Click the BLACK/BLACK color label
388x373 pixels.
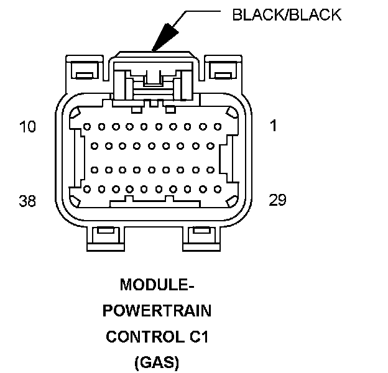click(286, 14)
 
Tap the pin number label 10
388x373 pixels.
click(28, 127)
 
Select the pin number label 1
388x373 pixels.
click(274, 126)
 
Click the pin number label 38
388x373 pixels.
click(28, 201)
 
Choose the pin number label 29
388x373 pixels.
click(277, 200)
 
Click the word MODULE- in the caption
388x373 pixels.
click(157, 285)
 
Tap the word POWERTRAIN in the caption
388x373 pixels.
click(157, 311)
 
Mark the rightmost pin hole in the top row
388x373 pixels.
click(218, 126)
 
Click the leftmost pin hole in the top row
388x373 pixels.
click(86, 126)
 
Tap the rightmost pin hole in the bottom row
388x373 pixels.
click(217, 188)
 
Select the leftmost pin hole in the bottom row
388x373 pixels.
click(86, 188)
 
